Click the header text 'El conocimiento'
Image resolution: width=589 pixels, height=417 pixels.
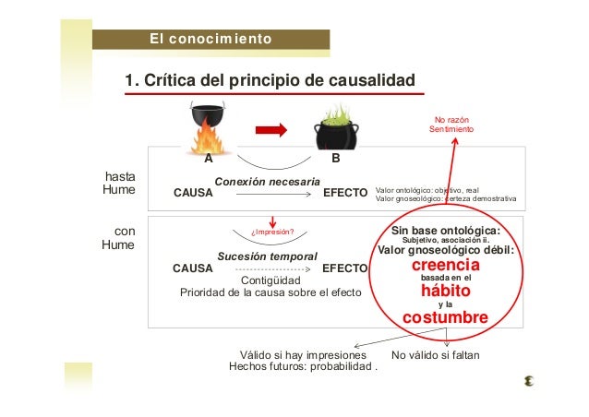click(211, 39)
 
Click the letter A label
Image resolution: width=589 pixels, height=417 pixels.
click(209, 159)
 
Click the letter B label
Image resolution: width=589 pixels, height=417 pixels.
click(336, 159)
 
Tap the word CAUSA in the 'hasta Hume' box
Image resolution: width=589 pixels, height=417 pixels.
click(193, 194)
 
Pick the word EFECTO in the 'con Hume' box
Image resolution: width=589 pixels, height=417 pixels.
click(344, 268)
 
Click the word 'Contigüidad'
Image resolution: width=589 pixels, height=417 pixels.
click(270, 280)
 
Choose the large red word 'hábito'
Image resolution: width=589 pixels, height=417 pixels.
click(446, 291)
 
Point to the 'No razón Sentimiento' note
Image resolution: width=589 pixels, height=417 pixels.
click(451, 125)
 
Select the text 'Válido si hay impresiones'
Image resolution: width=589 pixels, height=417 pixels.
click(303, 354)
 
